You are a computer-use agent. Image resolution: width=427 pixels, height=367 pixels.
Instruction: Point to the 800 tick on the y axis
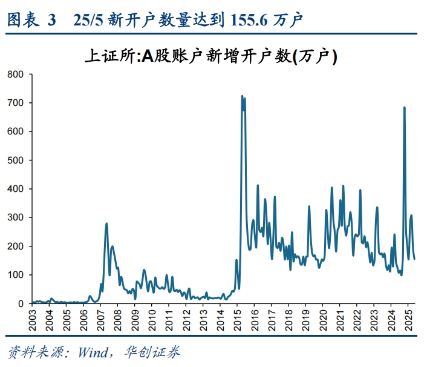(15, 74)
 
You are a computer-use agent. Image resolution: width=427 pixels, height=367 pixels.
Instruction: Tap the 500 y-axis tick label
(15, 160)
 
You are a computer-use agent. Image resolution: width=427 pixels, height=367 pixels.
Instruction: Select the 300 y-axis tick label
(15, 217)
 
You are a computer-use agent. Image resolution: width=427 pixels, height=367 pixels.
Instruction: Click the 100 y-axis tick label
(15, 275)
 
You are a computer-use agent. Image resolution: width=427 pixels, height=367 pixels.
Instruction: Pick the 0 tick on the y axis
(20, 303)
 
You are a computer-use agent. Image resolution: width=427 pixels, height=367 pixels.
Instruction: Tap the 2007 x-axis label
(100, 319)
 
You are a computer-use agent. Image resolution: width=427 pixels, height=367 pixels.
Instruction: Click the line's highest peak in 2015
(242, 96)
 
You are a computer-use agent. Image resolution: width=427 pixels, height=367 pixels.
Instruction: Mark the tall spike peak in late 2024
(404, 108)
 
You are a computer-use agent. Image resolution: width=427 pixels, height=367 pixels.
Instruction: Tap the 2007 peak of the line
(106, 223)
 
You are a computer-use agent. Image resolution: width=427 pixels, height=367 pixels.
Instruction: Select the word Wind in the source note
(92, 352)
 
